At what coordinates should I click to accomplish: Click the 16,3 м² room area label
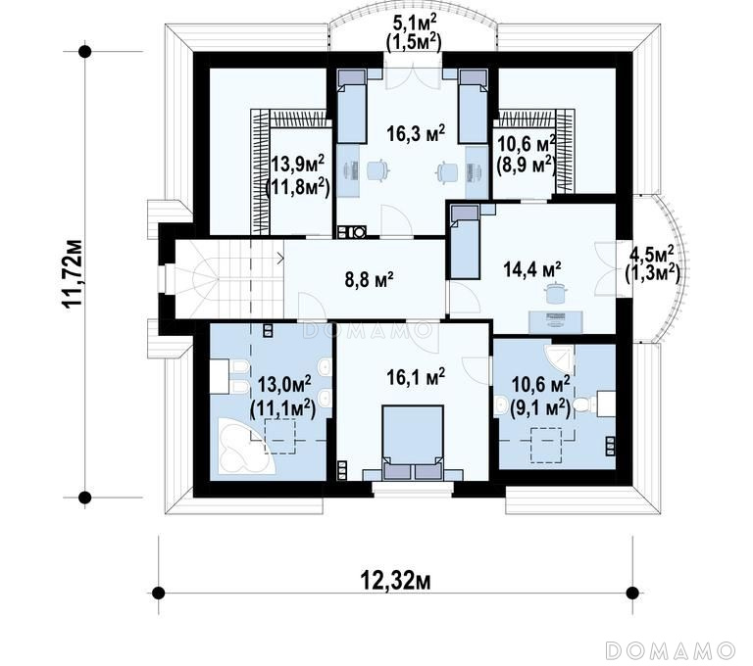[416, 133]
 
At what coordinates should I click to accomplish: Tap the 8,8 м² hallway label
[370, 279]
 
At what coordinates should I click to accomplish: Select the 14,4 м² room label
[532, 268]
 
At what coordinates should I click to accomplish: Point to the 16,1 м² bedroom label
[416, 377]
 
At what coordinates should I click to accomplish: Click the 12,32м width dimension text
[395, 581]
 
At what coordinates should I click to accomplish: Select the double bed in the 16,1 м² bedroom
[412, 442]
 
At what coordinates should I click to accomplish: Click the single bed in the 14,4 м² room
[465, 241]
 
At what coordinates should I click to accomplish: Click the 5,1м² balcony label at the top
[415, 21]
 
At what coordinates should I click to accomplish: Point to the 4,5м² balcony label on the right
[652, 253]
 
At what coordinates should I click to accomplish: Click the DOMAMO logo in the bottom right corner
[671, 650]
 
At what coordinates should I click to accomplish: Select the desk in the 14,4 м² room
[556, 321]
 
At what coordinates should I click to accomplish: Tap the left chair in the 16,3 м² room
[377, 169]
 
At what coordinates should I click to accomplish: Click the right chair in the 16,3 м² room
[447, 171]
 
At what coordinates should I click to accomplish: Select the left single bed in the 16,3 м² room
[352, 106]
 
